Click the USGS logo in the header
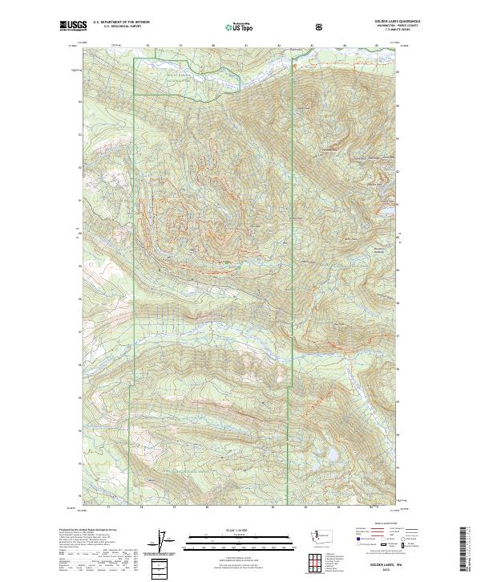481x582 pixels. (x=72, y=26)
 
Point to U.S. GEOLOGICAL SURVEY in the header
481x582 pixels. (x=119, y=27)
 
